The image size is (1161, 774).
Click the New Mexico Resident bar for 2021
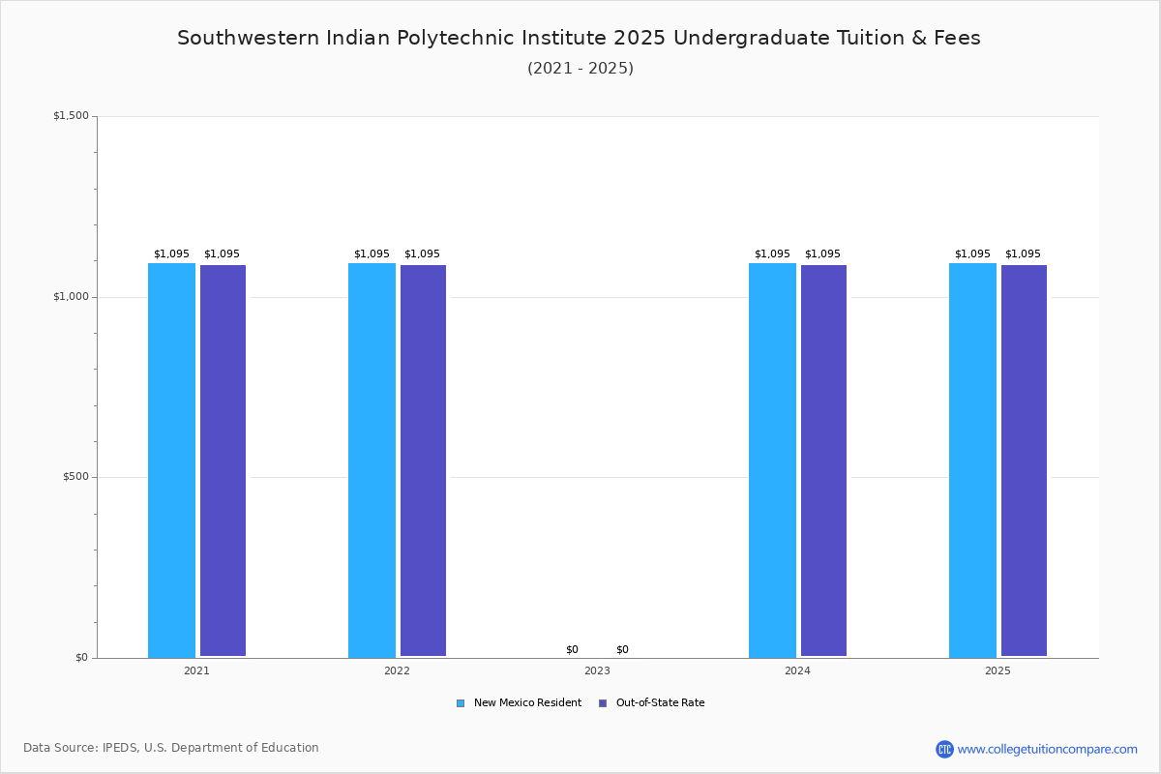click(171, 461)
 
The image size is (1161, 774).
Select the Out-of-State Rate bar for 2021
click(223, 461)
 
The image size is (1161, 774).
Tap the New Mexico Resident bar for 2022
click(372, 461)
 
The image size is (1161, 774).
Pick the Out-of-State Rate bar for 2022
click(423, 461)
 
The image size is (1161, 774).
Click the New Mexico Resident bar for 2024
click(772, 461)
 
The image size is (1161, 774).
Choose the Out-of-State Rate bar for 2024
click(823, 461)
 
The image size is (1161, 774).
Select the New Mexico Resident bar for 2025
click(972, 461)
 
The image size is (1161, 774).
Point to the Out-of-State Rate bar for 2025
click(1024, 461)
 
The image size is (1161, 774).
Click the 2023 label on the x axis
click(597, 670)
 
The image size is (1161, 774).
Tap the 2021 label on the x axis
click(196, 670)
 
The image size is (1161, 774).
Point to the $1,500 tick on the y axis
click(71, 115)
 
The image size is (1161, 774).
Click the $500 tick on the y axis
click(75, 477)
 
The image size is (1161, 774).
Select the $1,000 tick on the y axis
click(71, 296)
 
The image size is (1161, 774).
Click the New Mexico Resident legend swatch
click(461, 703)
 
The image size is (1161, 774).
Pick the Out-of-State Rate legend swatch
click(602, 703)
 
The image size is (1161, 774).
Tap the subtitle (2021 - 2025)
click(580, 69)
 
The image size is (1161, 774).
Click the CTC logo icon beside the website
click(944, 749)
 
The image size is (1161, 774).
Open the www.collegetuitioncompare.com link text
click(1048, 750)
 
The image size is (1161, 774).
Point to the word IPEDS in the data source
click(120, 748)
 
